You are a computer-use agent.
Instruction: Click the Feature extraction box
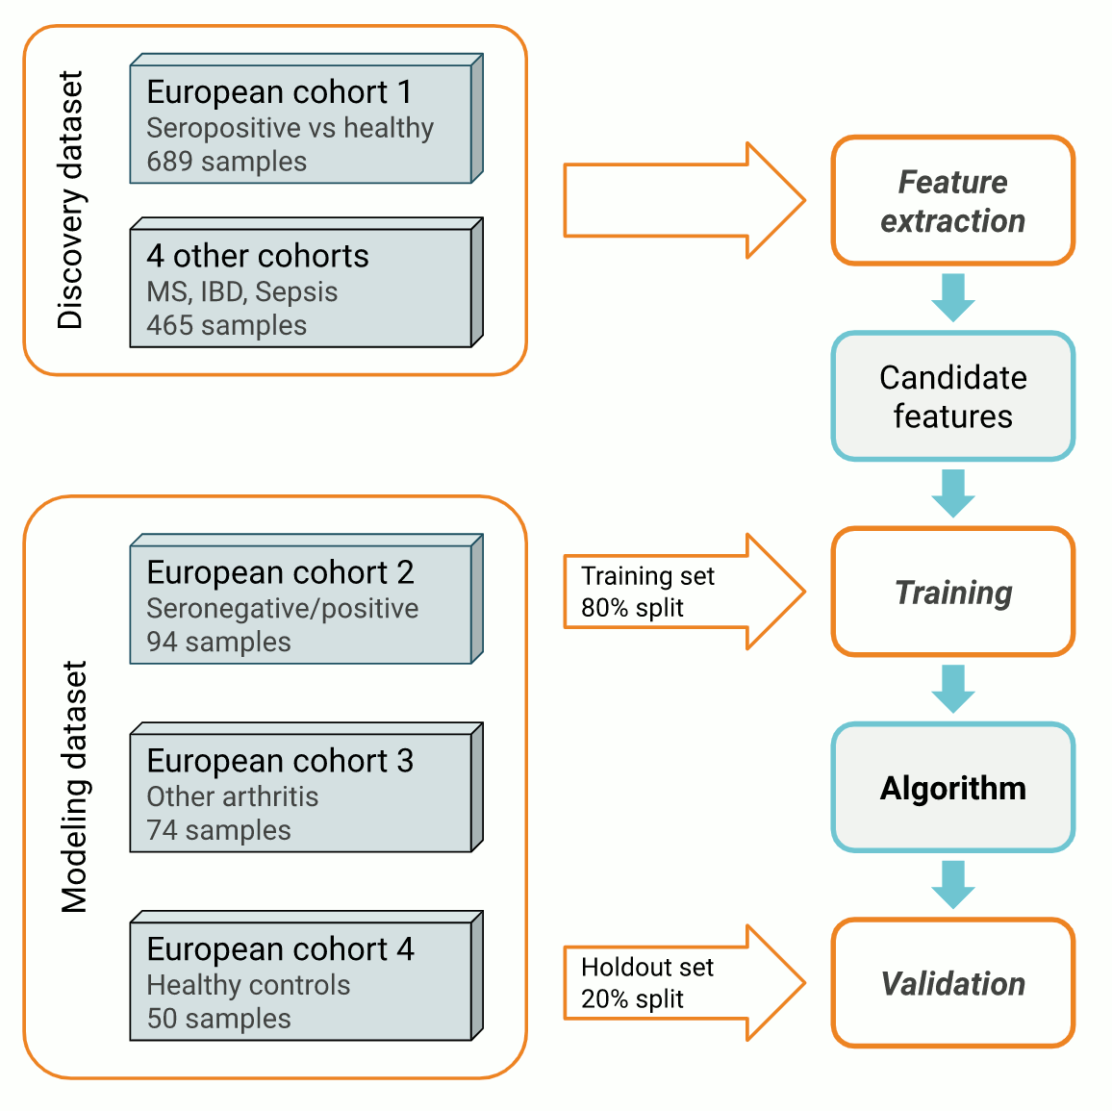(952, 201)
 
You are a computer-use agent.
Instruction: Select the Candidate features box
(952, 396)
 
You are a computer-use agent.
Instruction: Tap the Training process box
(952, 593)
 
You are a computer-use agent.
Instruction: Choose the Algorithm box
(952, 788)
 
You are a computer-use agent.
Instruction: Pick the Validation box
(952, 983)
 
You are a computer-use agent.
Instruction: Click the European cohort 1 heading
(279, 92)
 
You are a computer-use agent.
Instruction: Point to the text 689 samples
(227, 162)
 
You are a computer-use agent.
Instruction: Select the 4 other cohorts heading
(258, 256)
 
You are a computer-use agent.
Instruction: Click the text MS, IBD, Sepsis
(242, 291)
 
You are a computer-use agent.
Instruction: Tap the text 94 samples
(219, 642)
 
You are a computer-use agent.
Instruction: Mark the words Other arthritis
(233, 796)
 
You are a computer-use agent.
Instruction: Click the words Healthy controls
(248, 985)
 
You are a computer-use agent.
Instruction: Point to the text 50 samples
(219, 1019)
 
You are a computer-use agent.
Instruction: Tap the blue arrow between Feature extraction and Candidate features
(953, 297)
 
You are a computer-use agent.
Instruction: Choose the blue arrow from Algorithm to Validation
(953, 884)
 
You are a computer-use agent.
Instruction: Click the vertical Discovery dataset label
(71, 200)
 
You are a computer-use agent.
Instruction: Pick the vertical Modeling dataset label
(75, 786)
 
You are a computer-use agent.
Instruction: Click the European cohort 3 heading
(280, 761)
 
